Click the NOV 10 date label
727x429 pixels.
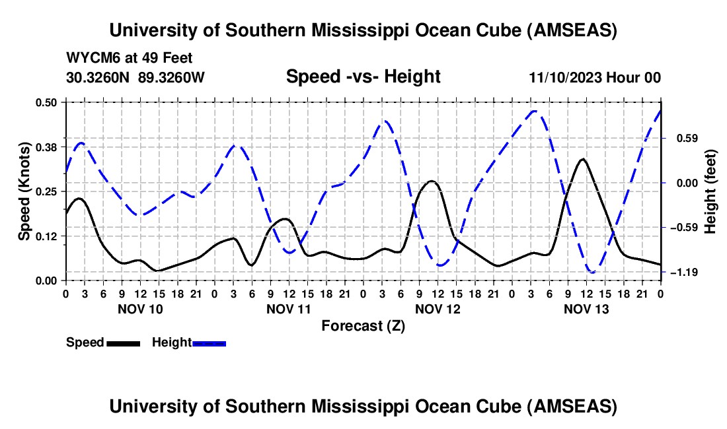140,308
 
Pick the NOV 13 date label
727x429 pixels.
586,308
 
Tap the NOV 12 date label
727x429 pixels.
438,308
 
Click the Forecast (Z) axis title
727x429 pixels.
363,325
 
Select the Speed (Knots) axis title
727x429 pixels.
24,191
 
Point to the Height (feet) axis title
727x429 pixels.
710,191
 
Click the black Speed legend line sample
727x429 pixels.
123,343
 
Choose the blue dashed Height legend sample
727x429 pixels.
209,343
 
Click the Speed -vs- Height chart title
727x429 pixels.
363,77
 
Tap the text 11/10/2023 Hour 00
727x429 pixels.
595,77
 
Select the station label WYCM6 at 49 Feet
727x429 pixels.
130,58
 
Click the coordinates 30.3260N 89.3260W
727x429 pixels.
135,77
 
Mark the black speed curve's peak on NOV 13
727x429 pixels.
582,159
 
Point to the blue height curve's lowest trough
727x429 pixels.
592,272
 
